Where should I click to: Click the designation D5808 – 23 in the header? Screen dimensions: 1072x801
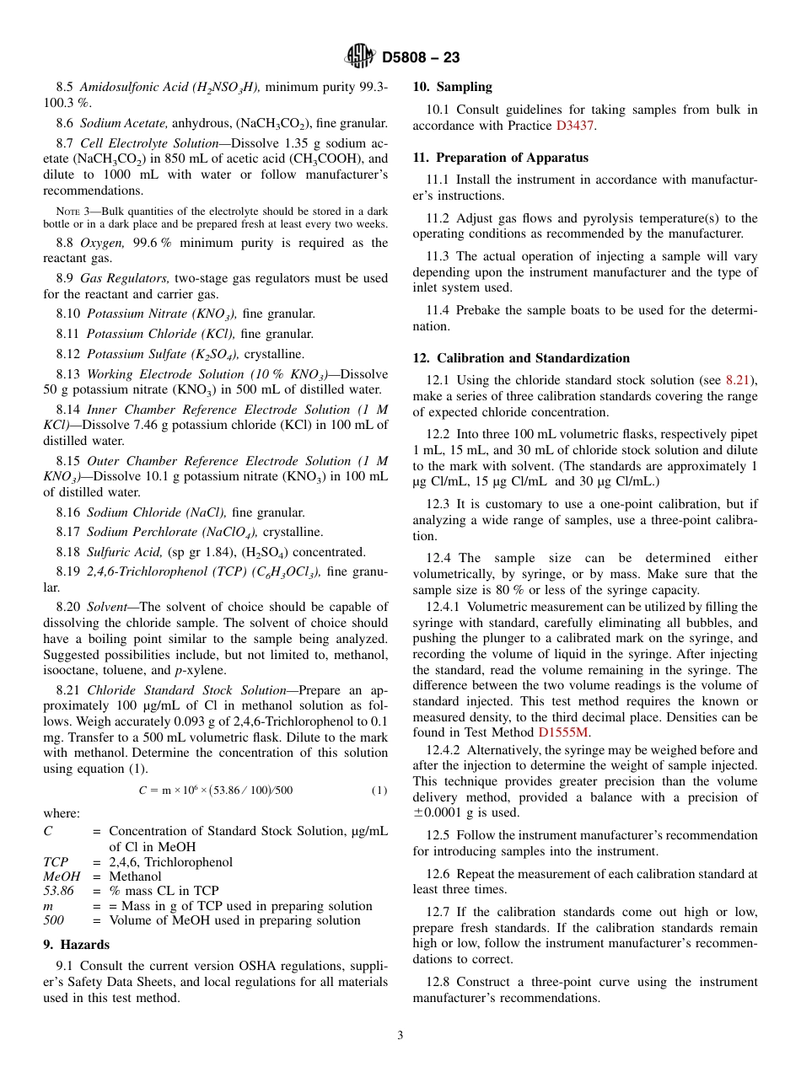421,58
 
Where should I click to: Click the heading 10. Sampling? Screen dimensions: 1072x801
452,87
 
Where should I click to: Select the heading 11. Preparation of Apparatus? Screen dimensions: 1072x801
500,158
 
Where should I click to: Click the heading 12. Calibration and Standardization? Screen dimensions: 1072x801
521,358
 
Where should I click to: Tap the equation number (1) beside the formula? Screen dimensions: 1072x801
379,791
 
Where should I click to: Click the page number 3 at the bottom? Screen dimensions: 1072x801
400,1036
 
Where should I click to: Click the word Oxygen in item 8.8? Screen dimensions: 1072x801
101,243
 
